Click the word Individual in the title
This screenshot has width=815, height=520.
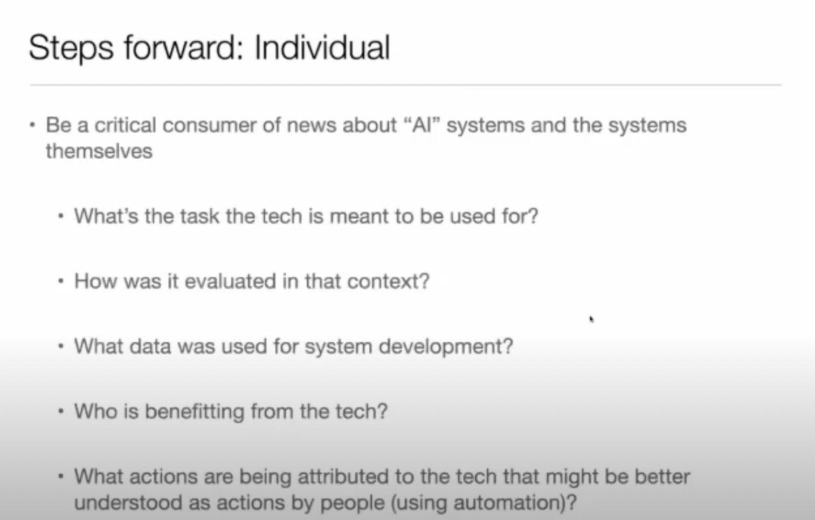pos(322,47)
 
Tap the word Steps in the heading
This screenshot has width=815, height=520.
pos(71,49)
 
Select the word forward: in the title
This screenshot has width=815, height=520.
pos(183,47)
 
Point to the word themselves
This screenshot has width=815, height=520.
pos(99,151)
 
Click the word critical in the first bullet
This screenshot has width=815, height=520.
pos(126,125)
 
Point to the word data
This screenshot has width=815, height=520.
pos(150,346)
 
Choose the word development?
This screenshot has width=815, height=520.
pos(446,347)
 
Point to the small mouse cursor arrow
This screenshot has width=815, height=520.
pos(591,319)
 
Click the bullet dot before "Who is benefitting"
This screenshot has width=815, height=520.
pos(61,411)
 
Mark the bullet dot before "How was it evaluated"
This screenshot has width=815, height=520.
pos(61,281)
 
